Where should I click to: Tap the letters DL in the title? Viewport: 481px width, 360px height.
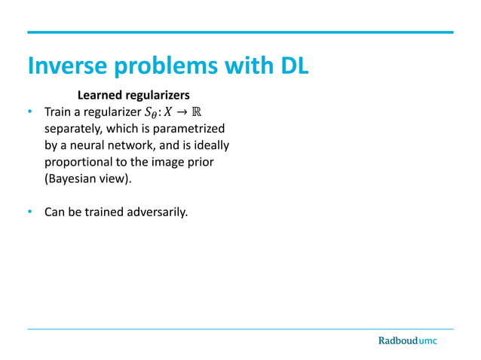click(290, 66)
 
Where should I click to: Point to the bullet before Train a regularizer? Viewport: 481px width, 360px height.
click(29, 113)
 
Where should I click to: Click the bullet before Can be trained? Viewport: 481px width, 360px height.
click(29, 212)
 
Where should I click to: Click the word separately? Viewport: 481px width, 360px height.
click(72, 129)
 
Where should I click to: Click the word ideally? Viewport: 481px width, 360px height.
click(209, 145)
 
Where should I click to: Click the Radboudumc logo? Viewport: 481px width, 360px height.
click(407, 340)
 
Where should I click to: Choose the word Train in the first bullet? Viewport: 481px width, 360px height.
click(58, 113)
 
